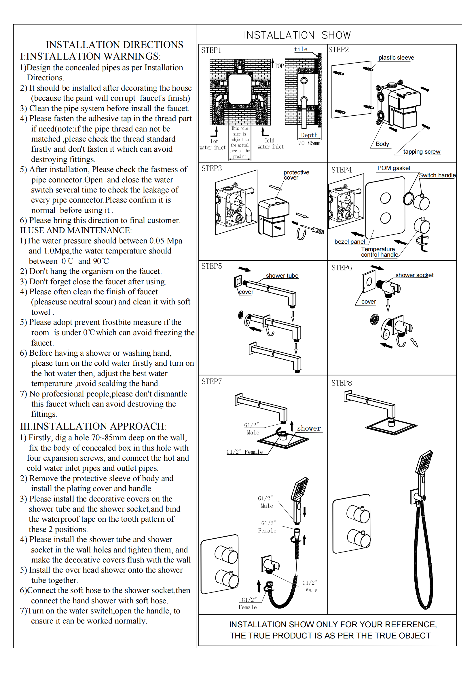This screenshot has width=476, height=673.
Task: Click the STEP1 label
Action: (x=211, y=50)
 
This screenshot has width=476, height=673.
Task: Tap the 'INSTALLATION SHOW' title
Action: (x=297, y=35)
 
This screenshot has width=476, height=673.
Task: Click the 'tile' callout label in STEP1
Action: (x=301, y=49)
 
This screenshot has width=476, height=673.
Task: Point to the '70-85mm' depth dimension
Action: (x=309, y=143)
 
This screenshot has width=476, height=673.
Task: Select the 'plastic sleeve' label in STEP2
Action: (x=396, y=58)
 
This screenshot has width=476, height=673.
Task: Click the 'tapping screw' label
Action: (x=422, y=152)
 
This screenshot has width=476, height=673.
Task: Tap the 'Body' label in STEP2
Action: (x=382, y=144)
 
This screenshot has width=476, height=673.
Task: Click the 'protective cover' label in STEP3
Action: (x=296, y=175)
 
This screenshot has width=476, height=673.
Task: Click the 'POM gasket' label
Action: (x=394, y=168)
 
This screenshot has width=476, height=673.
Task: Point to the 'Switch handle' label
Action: (x=437, y=175)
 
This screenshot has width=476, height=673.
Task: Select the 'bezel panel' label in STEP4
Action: (x=350, y=242)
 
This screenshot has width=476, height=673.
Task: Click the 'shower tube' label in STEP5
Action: (x=282, y=276)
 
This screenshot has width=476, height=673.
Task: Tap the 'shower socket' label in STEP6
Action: (x=414, y=275)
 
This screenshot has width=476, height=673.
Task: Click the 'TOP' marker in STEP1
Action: (x=279, y=66)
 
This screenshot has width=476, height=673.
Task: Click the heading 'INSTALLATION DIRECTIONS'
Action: (x=114, y=45)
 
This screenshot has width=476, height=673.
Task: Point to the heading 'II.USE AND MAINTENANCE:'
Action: (x=76, y=230)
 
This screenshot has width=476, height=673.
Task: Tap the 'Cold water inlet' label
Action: (x=270, y=144)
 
